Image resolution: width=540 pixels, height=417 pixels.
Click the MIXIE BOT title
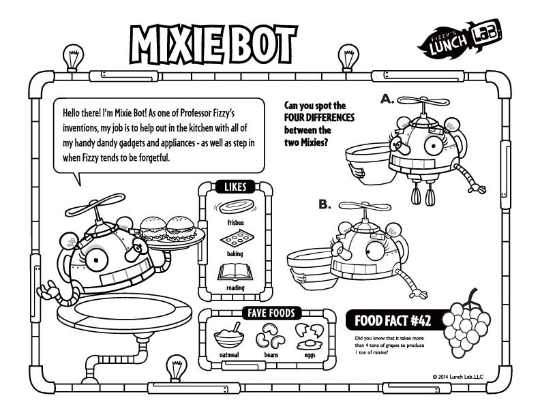(213, 45)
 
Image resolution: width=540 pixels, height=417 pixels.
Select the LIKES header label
(235, 187)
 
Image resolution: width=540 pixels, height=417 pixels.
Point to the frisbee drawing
(235, 207)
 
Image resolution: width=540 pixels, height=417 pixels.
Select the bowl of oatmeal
(230, 337)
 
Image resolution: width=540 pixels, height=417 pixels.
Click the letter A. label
(387, 99)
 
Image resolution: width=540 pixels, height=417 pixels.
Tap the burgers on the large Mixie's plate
(168, 227)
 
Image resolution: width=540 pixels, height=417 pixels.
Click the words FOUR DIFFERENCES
(315, 118)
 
